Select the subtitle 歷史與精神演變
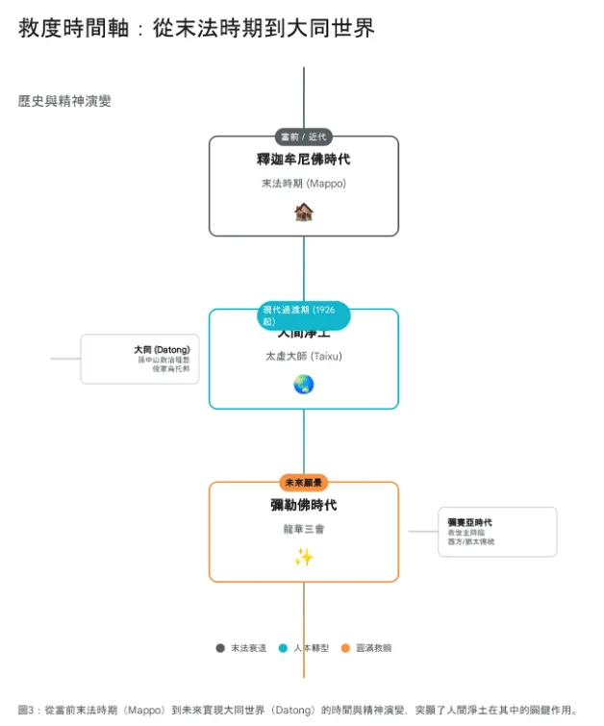(64, 100)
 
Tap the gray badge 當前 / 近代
(304, 138)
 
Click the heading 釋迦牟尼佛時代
(304, 159)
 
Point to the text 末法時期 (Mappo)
(304, 183)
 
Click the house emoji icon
(304, 212)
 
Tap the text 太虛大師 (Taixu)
(304, 356)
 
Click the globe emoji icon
(304, 385)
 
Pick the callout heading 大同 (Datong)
(162, 349)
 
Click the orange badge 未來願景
(304, 483)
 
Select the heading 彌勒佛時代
(304, 505)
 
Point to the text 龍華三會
(304, 529)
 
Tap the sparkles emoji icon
(304, 558)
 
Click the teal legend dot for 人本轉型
(283, 648)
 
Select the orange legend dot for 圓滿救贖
(345, 648)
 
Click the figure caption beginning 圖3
(298, 711)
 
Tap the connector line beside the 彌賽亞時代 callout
(422, 531)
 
